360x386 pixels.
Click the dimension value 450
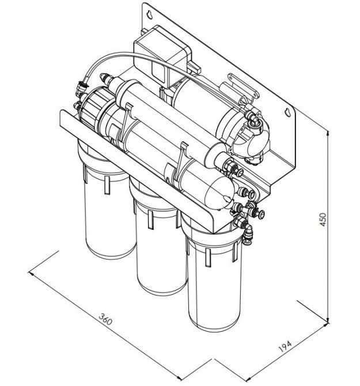point(323,220)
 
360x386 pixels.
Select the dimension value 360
point(105,319)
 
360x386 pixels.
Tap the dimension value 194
point(285,346)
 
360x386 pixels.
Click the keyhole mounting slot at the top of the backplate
point(150,14)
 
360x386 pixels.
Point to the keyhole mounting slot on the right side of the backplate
point(287,112)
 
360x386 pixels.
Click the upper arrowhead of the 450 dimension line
point(328,133)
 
